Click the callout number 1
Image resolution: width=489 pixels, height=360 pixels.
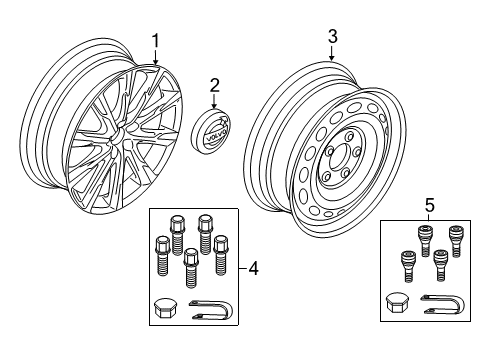click(x=155, y=41)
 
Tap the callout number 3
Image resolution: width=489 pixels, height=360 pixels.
click(x=332, y=37)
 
